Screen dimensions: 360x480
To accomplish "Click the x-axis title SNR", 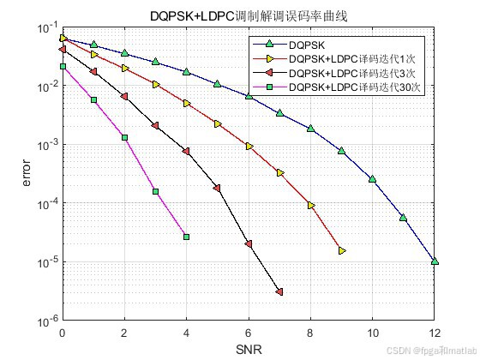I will click(249, 349).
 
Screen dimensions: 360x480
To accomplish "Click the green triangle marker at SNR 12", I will click(435, 261).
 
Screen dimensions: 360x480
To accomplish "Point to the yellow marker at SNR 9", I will click(342, 250).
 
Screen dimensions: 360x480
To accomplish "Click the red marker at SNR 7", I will click(279, 292).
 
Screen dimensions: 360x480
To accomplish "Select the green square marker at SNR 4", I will click(186, 237).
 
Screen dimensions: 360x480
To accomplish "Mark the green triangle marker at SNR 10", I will click(373, 179).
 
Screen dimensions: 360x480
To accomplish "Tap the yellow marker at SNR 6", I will click(249, 147).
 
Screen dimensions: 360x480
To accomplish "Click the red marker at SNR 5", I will click(217, 188).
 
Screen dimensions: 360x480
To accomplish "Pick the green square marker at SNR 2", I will click(124, 137).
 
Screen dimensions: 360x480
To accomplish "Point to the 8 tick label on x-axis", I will click(311, 333).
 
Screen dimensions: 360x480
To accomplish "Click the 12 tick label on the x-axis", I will click(435, 333).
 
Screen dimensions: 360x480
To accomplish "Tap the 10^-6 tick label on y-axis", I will click(45, 321).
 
